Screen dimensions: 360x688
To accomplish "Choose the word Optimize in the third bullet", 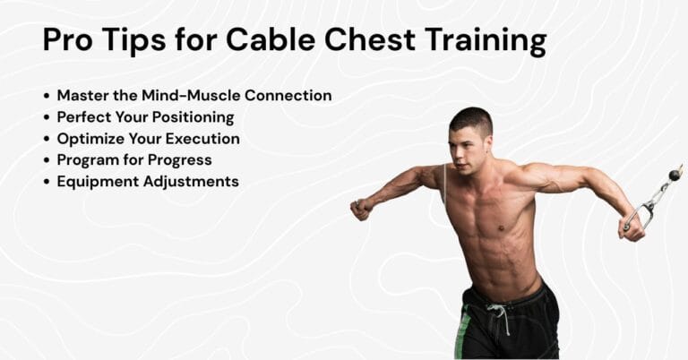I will (x=90, y=139).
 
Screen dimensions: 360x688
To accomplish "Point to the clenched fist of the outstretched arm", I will (x=360, y=209).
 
